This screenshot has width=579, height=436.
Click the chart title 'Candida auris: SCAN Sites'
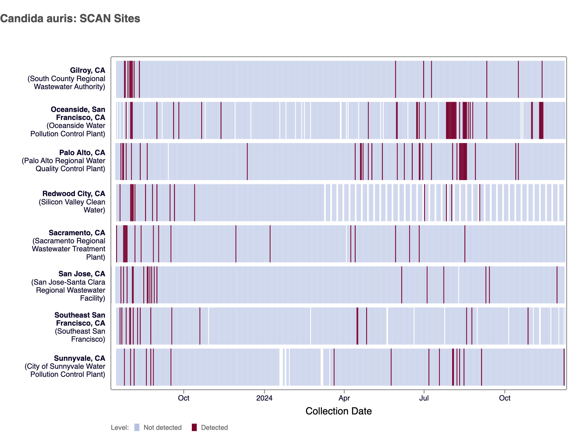[x=70, y=19]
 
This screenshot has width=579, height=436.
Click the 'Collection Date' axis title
[x=338, y=411]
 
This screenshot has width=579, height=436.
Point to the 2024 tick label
[x=264, y=398]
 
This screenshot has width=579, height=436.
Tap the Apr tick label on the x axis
[x=344, y=398]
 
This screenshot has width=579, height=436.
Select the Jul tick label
[x=424, y=398]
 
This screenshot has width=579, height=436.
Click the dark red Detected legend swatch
[x=194, y=427]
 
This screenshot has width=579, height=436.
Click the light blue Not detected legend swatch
[x=137, y=427]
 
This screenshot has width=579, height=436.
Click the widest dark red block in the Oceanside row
[x=451, y=120]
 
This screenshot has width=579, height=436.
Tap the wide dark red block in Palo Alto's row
[x=463, y=161]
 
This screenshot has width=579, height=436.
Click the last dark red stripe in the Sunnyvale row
[x=564, y=367]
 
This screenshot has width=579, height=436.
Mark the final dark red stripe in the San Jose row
[x=557, y=285]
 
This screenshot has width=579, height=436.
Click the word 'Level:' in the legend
[x=120, y=428]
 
